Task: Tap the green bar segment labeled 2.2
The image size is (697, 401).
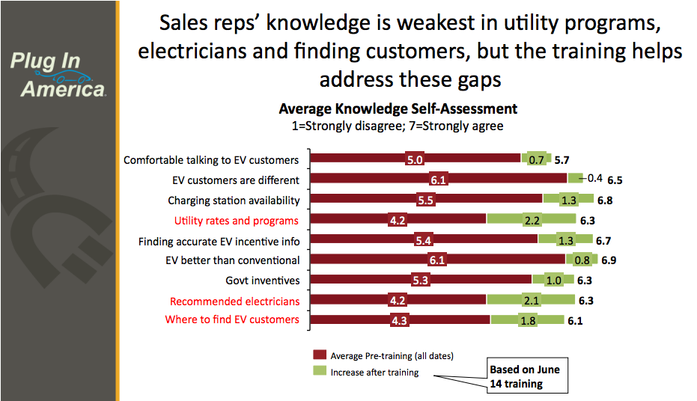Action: point(533,220)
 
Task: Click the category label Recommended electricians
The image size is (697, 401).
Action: point(234,301)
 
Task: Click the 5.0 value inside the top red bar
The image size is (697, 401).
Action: point(415,159)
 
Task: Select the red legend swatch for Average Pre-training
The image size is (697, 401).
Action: point(320,355)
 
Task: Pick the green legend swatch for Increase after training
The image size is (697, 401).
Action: point(320,372)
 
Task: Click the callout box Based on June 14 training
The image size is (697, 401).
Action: point(525,376)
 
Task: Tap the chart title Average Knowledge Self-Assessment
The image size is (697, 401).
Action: point(398,109)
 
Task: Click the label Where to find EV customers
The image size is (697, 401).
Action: point(232,319)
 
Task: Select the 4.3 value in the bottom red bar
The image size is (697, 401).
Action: point(398,320)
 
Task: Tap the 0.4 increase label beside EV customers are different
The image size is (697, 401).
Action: point(594,178)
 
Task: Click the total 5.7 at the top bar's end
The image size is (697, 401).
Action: point(563,159)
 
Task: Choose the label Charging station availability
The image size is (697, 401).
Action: point(234,200)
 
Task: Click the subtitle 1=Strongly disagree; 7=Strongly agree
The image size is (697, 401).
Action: point(398,126)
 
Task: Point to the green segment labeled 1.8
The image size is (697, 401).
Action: point(527,320)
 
